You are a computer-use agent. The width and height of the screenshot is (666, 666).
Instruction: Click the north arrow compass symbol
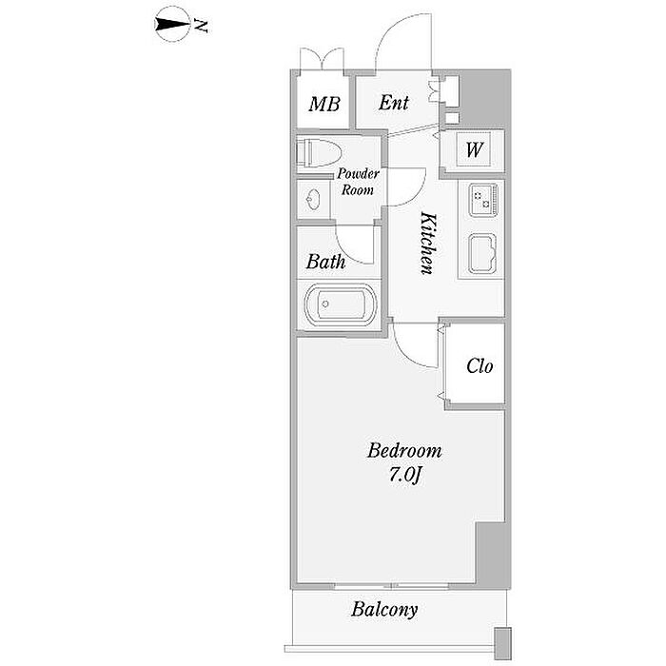[172, 24]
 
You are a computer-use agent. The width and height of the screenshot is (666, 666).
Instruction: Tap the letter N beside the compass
[201, 26]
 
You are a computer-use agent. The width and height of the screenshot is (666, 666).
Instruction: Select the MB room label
[324, 104]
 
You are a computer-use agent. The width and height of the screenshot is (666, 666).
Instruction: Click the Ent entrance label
[394, 103]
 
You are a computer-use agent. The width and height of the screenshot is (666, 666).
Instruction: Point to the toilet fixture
[319, 152]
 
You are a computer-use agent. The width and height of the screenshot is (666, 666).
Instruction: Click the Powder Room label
[358, 182]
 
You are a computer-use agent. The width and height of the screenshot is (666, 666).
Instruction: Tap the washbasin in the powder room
[314, 199]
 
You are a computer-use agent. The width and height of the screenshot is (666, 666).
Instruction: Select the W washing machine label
[475, 149]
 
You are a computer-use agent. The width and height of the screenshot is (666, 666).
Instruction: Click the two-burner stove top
[482, 200]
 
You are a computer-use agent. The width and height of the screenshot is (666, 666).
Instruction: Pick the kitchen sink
[482, 254]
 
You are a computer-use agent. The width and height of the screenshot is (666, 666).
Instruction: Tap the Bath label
[325, 262]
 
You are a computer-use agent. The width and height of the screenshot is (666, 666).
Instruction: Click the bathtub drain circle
[325, 304]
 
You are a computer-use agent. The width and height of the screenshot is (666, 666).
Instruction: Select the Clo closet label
[480, 366]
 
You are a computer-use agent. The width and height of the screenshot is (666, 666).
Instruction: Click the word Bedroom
[404, 451]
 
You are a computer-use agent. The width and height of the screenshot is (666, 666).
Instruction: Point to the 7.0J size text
[404, 476]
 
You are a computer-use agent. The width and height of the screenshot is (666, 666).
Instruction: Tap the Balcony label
[384, 610]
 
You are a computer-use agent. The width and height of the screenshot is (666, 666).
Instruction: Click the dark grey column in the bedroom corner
[492, 554]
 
